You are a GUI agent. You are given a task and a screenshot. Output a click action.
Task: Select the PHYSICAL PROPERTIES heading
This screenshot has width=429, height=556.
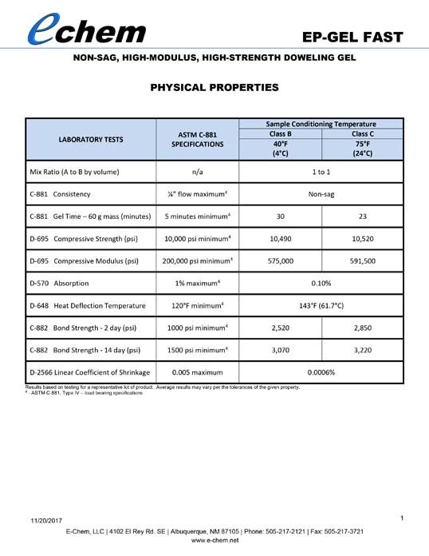(x=214, y=87)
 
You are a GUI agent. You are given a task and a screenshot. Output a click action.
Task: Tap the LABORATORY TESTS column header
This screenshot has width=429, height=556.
(x=91, y=139)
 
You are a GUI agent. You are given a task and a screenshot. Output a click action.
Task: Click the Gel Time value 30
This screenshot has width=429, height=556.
(x=280, y=216)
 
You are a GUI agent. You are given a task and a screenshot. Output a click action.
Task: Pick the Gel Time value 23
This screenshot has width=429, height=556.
(x=362, y=216)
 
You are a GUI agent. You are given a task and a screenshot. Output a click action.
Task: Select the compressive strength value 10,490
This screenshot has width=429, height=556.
(x=280, y=238)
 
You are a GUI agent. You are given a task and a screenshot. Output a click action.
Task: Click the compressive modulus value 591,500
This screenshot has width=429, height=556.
(x=362, y=260)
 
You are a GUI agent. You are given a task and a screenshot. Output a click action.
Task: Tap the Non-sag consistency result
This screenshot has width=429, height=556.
(x=321, y=193)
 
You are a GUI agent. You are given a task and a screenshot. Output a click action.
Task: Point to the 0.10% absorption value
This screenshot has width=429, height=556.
(x=321, y=283)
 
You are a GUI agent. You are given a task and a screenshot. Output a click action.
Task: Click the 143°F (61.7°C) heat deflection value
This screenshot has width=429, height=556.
(x=321, y=305)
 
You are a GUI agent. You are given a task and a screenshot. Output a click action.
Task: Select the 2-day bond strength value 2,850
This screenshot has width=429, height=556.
(x=362, y=328)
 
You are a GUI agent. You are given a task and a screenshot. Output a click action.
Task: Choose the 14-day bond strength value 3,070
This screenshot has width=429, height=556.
(x=280, y=350)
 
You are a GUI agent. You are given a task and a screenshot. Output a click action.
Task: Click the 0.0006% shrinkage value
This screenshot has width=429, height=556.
(x=321, y=372)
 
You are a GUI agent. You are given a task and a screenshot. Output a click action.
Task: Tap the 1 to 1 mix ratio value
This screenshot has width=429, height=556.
(x=321, y=171)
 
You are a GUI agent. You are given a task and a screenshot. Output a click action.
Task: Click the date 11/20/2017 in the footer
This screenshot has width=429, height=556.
(x=48, y=521)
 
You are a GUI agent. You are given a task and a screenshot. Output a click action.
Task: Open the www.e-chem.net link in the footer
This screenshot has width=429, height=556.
(x=214, y=541)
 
